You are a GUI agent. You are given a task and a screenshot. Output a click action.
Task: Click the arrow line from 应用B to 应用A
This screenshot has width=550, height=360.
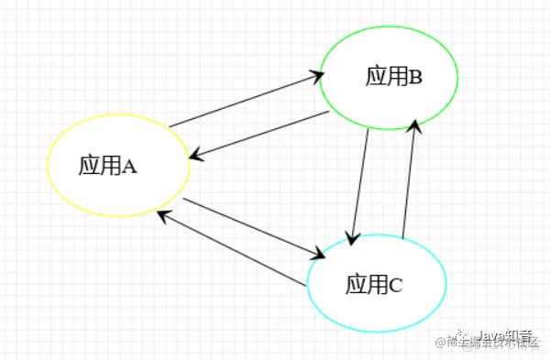(261, 136)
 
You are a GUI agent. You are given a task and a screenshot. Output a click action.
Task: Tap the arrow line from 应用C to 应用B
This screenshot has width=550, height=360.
(411, 178)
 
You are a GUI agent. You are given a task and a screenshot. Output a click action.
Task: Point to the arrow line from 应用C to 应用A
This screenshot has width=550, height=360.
(229, 249)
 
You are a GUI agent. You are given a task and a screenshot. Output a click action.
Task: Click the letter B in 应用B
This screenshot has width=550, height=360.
(414, 77)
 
